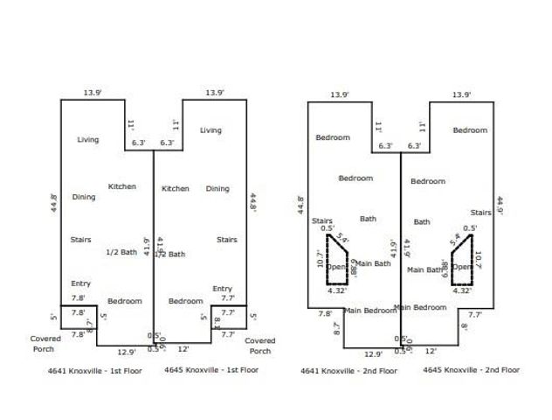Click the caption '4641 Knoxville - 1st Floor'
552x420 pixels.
pos(95,370)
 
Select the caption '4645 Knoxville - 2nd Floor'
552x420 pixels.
pos(471,370)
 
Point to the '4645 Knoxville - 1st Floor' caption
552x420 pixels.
pos(211,370)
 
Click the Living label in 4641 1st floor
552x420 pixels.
pos(88,139)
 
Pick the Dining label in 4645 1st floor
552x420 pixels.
pos(217,188)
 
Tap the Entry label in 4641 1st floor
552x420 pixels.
pos(80,283)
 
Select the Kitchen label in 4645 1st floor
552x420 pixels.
pos(176,188)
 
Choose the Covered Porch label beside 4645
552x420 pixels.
pos(260,346)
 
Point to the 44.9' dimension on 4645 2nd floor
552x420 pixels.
pos(500,205)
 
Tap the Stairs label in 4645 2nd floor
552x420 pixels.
pos(480,212)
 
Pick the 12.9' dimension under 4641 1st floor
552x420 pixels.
pos(127,352)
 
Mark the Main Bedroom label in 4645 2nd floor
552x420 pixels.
pos(421,306)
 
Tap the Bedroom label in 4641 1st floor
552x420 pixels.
pos(124,301)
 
